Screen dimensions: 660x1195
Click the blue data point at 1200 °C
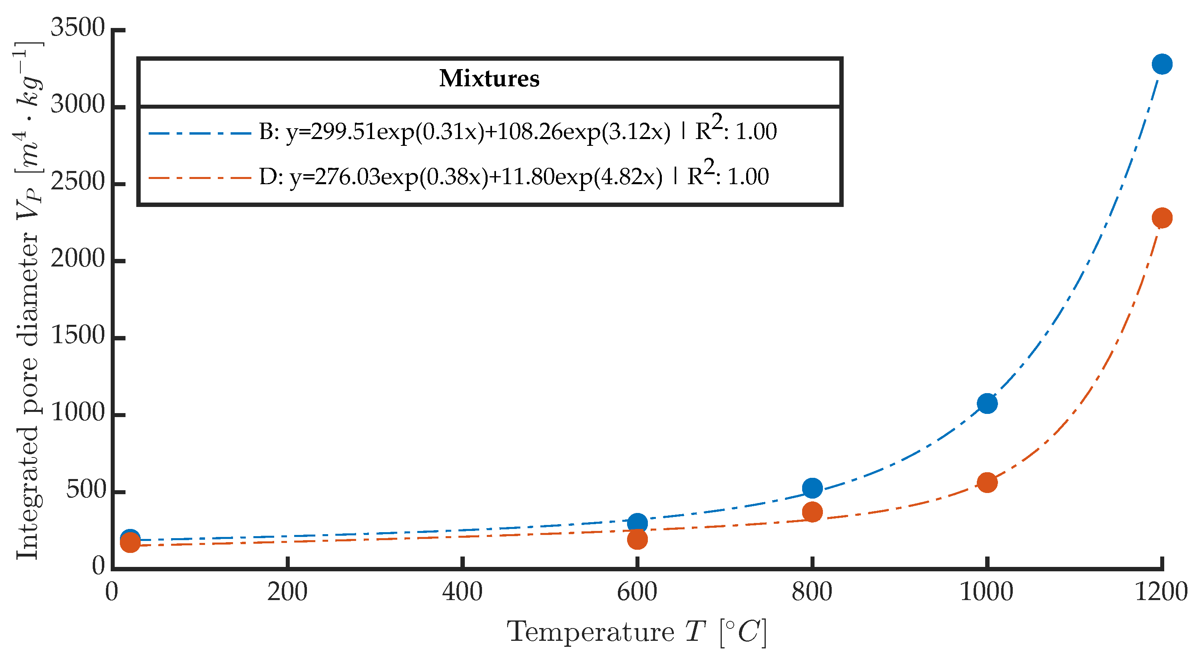click(x=1161, y=64)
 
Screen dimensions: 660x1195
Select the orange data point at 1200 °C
click(x=1161, y=217)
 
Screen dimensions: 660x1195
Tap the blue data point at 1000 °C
click(x=987, y=404)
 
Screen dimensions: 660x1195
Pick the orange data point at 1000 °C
click(x=987, y=482)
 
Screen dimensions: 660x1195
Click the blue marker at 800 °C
click(x=812, y=488)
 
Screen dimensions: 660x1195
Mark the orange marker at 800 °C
click(x=812, y=512)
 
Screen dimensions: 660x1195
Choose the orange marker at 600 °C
click(x=637, y=539)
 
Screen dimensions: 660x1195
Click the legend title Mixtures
click(x=490, y=78)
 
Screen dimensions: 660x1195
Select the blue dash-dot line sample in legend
click(x=199, y=133)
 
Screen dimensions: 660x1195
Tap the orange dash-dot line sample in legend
click(x=199, y=178)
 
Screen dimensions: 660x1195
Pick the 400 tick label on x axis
click(x=462, y=592)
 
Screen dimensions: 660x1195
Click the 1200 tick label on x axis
click(x=1161, y=592)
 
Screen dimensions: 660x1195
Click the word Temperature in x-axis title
click(x=590, y=632)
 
